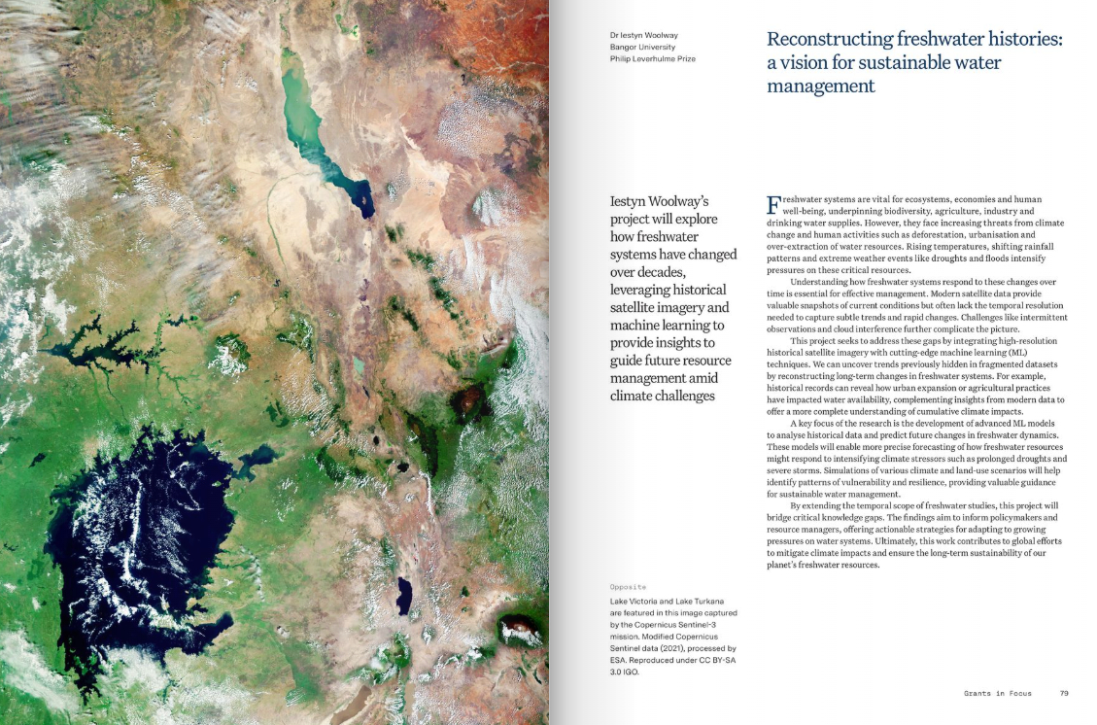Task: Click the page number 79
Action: click(x=1064, y=693)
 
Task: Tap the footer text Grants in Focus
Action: click(x=998, y=693)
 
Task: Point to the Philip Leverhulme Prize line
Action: click(x=652, y=58)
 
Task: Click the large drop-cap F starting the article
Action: click(x=773, y=203)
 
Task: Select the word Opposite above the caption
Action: click(x=629, y=587)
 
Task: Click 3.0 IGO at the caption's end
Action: click(x=625, y=672)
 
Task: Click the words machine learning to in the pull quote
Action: click(x=667, y=325)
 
